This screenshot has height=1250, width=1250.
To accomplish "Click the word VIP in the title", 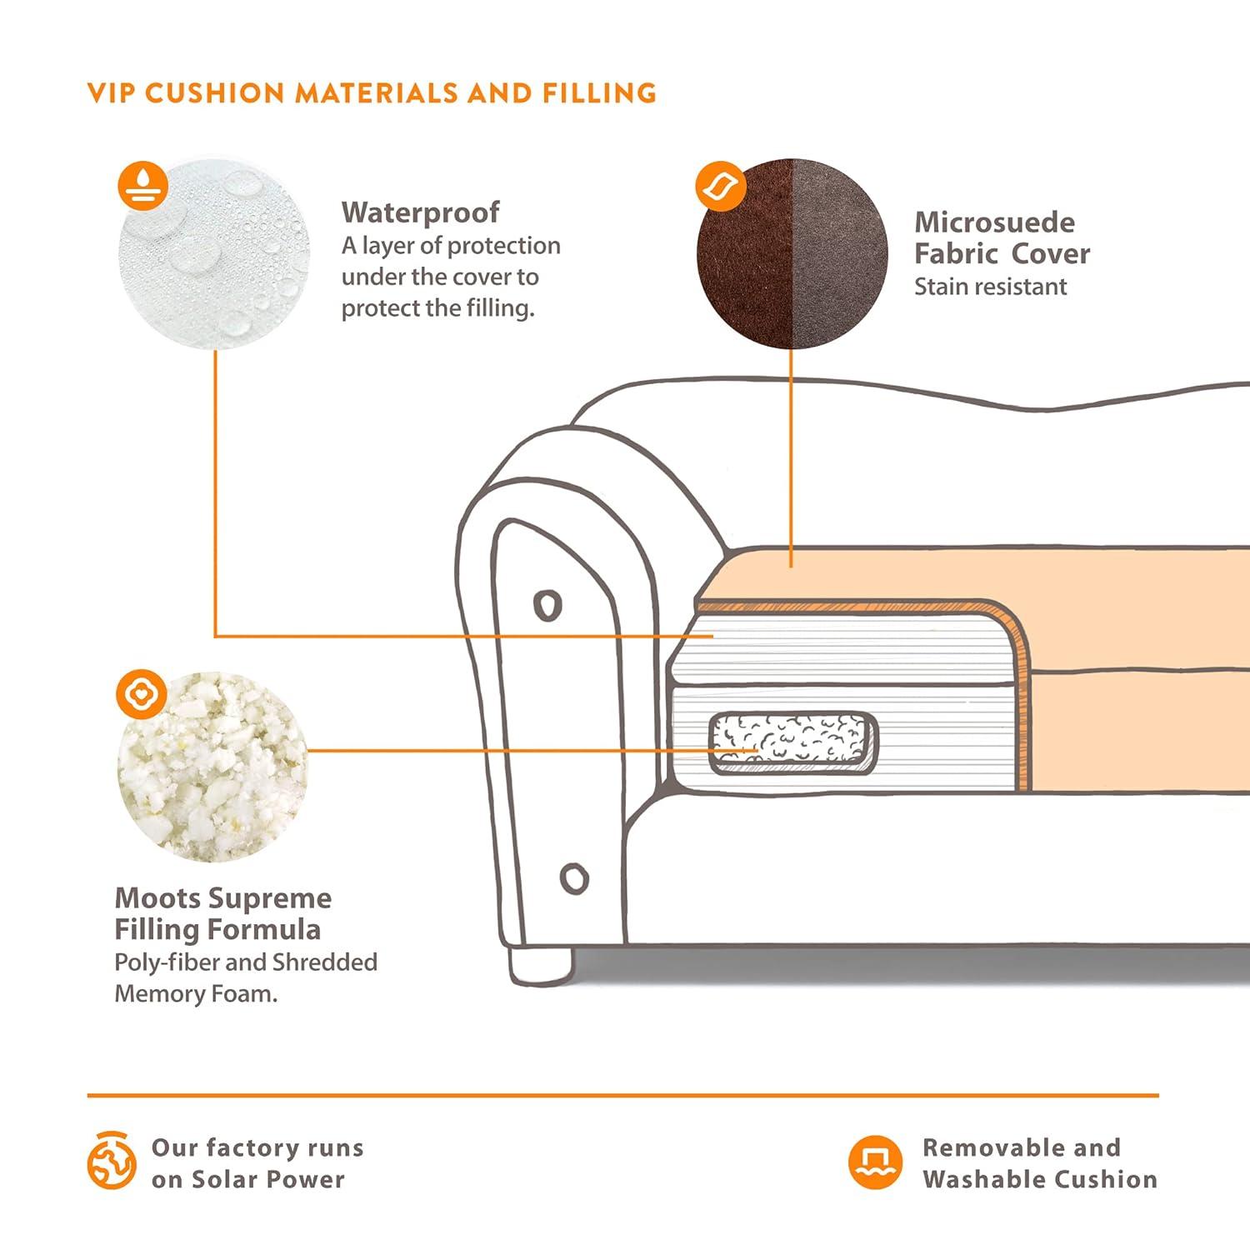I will tap(112, 92).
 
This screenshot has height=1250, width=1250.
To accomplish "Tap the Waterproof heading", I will tap(420, 212).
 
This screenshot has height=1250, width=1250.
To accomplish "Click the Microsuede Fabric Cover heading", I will tap(1002, 237).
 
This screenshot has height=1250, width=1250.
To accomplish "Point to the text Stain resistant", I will tap(990, 287).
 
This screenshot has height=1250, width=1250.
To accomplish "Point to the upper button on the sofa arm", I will tap(547, 605).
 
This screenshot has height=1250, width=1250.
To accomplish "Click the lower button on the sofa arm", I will tap(573, 877).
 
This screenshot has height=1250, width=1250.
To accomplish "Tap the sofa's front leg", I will tap(541, 965).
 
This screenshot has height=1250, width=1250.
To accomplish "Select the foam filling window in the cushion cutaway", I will tap(792, 742).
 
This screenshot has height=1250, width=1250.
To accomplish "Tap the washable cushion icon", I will tap(875, 1162).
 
